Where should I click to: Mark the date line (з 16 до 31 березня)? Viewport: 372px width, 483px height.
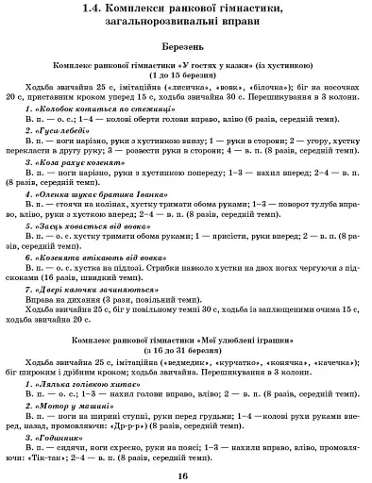[186, 352]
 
